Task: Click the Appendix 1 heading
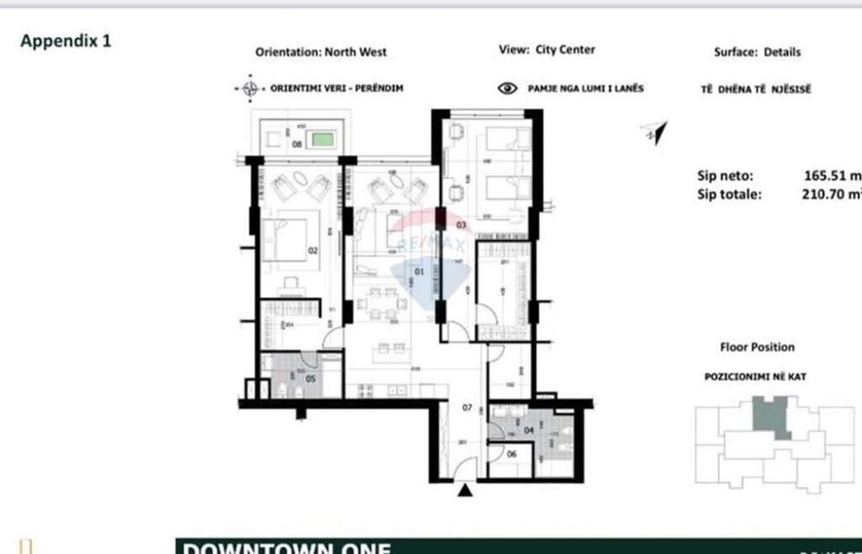(66, 40)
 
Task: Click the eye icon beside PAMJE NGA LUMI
(508, 88)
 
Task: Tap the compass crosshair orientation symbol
(249, 88)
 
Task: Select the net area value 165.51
(832, 177)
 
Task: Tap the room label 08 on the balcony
(296, 144)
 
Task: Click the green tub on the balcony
(320, 140)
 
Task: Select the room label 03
(460, 225)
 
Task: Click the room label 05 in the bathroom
(310, 379)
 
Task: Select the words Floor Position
(757, 347)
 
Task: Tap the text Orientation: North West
(321, 52)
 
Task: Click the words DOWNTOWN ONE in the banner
(286, 547)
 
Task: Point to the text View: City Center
(546, 50)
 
